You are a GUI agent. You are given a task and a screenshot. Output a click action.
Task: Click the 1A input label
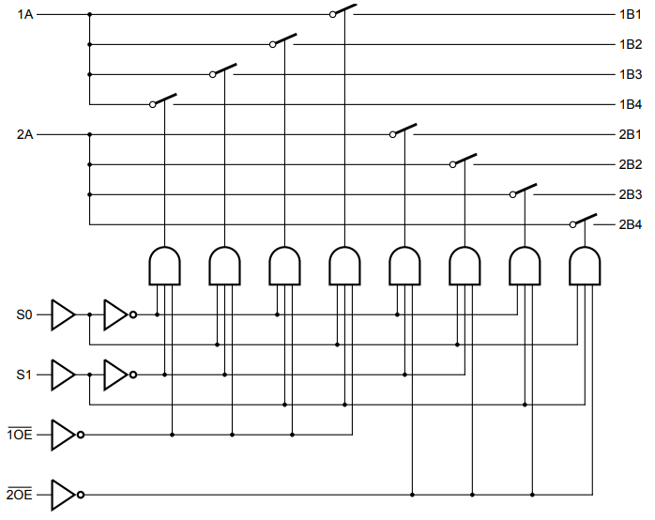[25, 14]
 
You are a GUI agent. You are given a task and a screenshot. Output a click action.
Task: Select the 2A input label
[25, 134]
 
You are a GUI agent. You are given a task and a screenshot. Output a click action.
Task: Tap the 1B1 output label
[630, 14]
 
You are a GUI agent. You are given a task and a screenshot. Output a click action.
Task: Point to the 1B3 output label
[630, 74]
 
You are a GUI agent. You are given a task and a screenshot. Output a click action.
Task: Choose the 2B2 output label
[630, 164]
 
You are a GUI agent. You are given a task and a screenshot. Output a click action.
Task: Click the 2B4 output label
[630, 224]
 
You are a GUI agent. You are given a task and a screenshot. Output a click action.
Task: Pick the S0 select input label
[24, 314]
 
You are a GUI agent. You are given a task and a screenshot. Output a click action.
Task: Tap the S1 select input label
[24, 375]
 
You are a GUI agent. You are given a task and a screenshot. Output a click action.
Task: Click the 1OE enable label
[20, 435]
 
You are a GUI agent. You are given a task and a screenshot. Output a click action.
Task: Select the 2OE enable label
[20, 495]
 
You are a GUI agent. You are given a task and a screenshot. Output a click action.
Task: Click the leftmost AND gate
[165, 266]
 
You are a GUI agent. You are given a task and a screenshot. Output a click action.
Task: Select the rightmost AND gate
[585, 266]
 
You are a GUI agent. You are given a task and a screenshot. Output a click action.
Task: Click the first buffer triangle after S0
[62, 314]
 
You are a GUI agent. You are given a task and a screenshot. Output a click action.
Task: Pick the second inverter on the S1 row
[116, 375]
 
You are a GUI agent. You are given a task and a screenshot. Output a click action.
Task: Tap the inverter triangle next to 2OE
[64, 495]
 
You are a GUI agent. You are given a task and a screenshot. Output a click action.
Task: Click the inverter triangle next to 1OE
[64, 435]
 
